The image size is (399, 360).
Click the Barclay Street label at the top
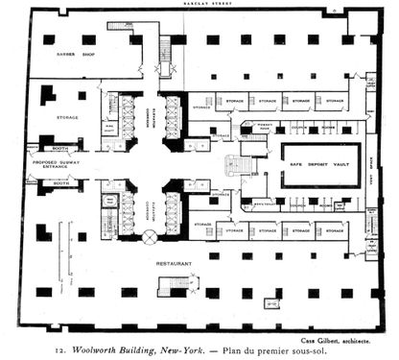click(199, 4)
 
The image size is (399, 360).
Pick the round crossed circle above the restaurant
click(150, 235)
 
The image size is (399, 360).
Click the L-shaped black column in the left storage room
click(46, 94)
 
